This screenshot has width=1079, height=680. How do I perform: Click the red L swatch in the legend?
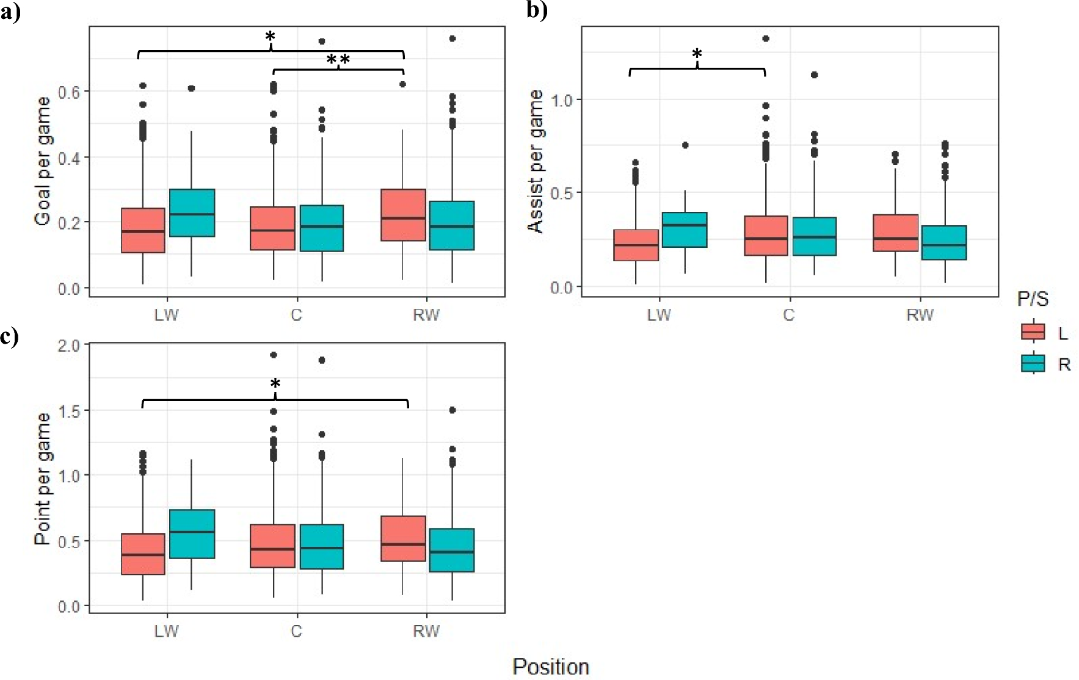1033,331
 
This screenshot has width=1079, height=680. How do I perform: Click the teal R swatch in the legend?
1033,364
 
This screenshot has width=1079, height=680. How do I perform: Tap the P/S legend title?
1033,299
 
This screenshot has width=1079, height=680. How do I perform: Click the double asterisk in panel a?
338,60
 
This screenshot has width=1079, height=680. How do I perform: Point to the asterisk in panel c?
275,385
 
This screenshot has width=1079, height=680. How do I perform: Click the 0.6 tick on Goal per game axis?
69,92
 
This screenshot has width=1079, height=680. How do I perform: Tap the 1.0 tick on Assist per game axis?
562,99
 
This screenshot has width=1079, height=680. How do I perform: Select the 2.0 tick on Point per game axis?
69,345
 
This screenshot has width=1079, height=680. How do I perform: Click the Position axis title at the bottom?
550,667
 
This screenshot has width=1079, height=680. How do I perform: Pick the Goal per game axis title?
43,161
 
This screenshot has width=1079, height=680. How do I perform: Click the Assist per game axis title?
536,161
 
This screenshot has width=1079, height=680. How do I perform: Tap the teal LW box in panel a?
192,212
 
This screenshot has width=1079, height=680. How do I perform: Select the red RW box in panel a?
403,215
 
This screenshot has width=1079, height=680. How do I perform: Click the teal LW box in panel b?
685,230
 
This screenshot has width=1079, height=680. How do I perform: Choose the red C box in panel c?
272,546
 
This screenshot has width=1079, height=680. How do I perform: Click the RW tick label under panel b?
920,315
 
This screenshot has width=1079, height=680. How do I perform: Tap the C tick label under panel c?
296,631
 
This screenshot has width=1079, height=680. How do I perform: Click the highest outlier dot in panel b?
766,38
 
